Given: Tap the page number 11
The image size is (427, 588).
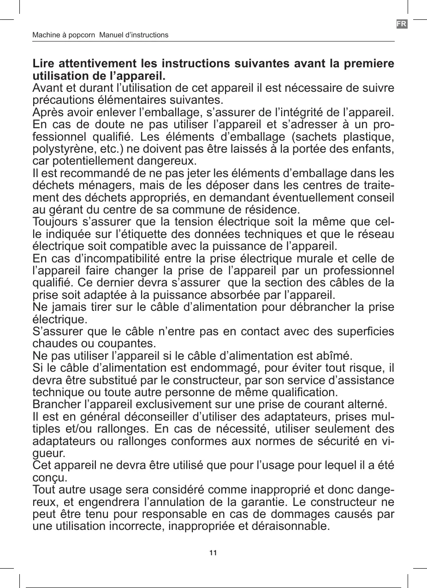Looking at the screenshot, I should point(213,552).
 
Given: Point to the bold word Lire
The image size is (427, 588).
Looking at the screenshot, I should point(44,63).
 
